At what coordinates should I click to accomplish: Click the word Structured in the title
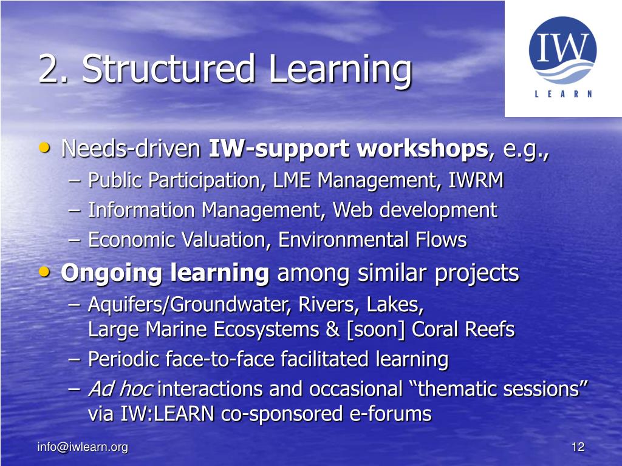tap(169, 69)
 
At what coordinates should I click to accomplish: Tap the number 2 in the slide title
tap(49, 69)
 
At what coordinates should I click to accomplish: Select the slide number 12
tap(578, 448)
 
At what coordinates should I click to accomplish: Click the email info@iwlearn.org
tap(83, 448)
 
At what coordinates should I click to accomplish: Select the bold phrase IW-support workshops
tap(348, 149)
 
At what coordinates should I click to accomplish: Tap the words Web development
tap(415, 211)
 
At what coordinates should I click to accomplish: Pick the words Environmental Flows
tap(372, 240)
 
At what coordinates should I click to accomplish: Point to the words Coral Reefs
tap(463, 329)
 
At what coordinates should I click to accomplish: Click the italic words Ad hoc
tap(120, 389)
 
